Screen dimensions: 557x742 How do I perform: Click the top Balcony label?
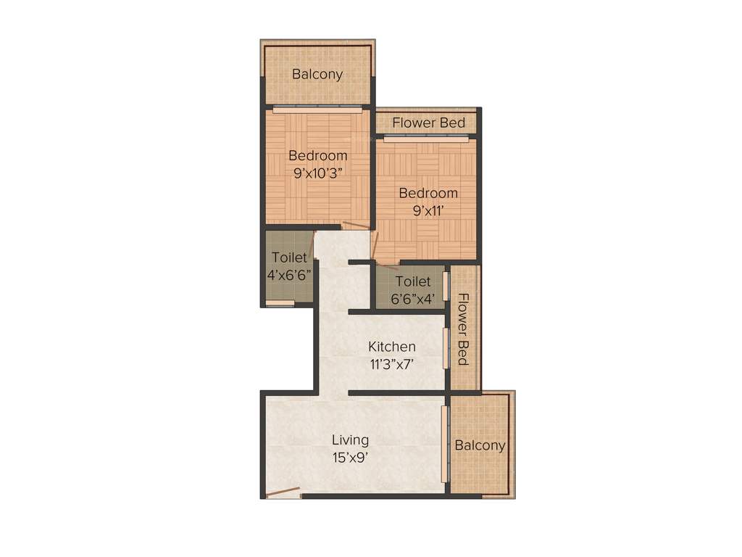click(317, 74)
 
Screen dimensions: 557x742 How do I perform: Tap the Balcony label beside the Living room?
click(480, 445)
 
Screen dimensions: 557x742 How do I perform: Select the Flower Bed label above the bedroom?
click(429, 123)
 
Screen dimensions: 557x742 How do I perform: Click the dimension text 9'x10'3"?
click(318, 173)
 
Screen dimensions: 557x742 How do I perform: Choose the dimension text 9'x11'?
click(428, 211)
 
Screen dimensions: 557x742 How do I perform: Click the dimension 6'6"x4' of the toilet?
click(414, 299)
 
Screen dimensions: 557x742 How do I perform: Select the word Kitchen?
click(392, 347)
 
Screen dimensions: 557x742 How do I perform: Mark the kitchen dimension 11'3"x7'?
click(391, 364)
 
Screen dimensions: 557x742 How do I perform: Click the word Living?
click(351, 440)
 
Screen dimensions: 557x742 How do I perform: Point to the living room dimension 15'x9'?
click(351, 458)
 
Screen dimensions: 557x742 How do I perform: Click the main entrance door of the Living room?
click(283, 493)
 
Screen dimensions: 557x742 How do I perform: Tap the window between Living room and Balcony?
click(445, 443)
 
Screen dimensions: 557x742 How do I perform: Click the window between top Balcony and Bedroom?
click(317, 110)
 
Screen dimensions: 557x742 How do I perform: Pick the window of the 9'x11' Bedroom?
click(426, 139)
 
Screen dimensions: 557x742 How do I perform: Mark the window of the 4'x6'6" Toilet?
click(280, 303)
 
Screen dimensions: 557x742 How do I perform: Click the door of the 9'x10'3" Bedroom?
click(356, 226)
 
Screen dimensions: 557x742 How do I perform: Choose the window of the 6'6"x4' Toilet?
click(446, 286)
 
